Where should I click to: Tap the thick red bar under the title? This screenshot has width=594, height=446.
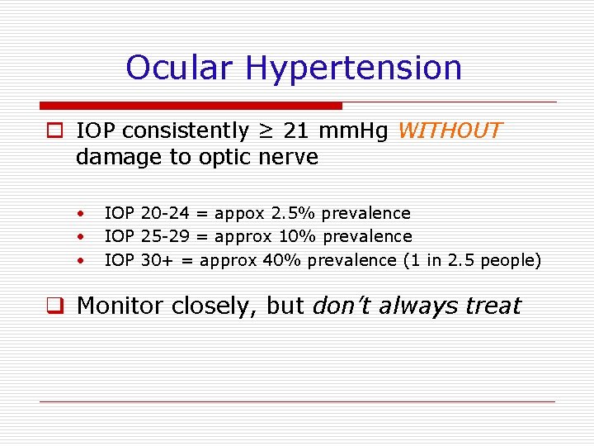point(191,106)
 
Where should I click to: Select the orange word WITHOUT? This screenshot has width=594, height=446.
point(450,131)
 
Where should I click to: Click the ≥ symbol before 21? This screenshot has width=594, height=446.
point(265,131)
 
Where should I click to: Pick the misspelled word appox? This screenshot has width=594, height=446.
point(238,214)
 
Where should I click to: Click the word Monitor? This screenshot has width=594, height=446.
point(120,306)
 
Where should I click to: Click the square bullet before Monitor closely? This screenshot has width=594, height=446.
point(56,306)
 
